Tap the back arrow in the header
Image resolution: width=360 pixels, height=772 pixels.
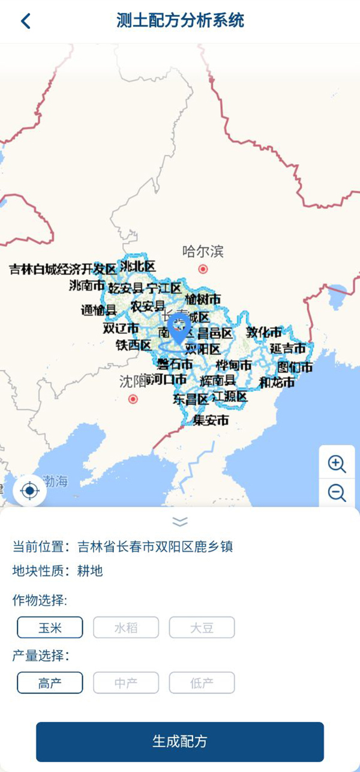25,21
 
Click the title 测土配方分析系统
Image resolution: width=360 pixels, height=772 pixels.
180,20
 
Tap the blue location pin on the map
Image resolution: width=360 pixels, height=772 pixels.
179,328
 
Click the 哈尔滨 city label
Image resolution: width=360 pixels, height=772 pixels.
203,251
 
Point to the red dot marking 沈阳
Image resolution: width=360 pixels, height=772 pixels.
133,399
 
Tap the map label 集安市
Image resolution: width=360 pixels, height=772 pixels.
211,421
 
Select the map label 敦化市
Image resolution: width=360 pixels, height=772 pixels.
264,332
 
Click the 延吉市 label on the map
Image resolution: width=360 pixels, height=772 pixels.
287,348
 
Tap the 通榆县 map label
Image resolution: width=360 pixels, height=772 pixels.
99,310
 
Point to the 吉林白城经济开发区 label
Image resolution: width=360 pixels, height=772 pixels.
62,269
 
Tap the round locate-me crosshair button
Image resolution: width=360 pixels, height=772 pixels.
29,491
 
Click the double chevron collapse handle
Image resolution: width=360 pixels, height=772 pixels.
180,520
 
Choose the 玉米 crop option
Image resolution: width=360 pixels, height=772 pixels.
50,628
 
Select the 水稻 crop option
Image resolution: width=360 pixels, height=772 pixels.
126,628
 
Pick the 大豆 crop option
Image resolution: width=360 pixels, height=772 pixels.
202,628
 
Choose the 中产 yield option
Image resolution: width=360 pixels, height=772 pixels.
126,683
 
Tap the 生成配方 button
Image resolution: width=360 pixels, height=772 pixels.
180,741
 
